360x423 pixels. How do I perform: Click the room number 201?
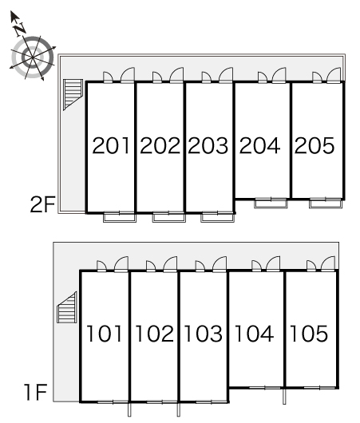click(x=111, y=146)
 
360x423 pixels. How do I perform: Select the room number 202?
click(x=160, y=146)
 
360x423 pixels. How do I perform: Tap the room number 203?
click(x=208, y=146)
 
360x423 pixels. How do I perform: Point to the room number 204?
click(x=259, y=146)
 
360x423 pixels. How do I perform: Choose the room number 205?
click(x=315, y=146)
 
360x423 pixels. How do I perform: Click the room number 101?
click(x=104, y=334)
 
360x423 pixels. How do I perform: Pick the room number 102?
click(x=154, y=334)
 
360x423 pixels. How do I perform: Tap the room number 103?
click(x=204, y=334)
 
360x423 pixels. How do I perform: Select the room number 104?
click(x=254, y=334)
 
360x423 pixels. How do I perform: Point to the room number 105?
click(x=309, y=334)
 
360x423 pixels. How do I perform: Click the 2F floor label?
click(x=42, y=204)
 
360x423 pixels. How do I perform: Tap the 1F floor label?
click(x=36, y=392)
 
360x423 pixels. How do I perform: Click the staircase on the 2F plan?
click(x=73, y=94)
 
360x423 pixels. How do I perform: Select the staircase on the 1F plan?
click(x=68, y=307)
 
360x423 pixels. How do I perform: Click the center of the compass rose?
click(x=33, y=57)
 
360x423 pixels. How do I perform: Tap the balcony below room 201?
click(x=120, y=217)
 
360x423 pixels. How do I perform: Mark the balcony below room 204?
click(x=271, y=204)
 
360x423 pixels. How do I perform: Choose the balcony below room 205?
click(x=326, y=204)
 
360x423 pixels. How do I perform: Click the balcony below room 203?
click(x=217, y=217)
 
